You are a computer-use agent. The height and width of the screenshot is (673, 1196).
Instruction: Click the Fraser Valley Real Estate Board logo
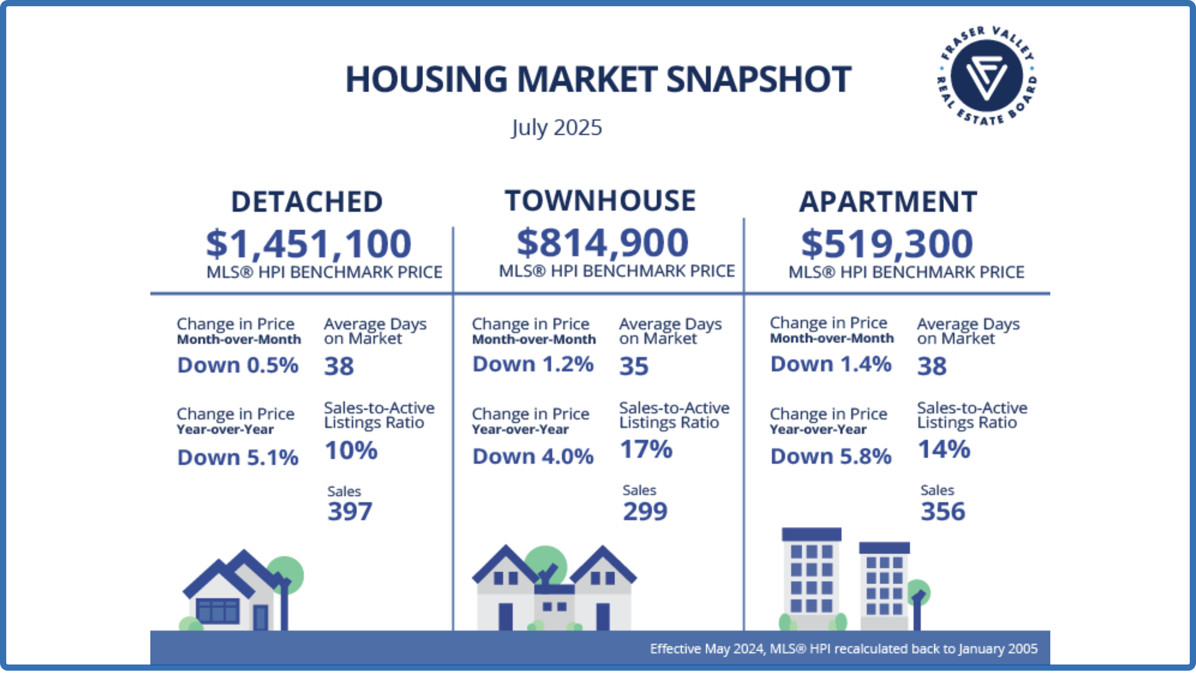[x=987, y=76]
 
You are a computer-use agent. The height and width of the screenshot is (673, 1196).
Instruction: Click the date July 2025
[x=556, y=128]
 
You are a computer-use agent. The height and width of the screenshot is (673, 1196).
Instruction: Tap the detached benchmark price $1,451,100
[x=308, y=244]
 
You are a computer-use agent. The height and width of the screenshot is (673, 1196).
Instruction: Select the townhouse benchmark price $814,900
[x=602, y=242]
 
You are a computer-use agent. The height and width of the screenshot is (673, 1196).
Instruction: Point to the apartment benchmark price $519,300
[x=886, y=244]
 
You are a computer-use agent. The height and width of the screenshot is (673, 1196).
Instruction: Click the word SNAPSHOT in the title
[x=758, y=80]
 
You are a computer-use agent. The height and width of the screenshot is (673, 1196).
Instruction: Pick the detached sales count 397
[x=349, y=512]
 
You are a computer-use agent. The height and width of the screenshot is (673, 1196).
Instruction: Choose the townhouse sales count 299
[x=645, y=512]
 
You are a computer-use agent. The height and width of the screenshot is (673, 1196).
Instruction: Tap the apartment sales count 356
[x=942, y=512]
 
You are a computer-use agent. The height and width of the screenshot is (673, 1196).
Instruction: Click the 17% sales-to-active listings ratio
[x=646, y=449]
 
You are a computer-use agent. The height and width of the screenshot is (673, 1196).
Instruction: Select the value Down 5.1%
[x=237, y=457]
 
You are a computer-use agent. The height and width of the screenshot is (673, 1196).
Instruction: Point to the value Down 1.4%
[x=830, y=364]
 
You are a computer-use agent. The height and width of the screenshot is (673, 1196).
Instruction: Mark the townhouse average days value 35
[x=634, y=366]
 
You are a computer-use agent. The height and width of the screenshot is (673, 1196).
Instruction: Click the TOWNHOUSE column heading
[x=600, y=201]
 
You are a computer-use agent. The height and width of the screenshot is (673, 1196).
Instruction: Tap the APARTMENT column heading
[x=888, y=202]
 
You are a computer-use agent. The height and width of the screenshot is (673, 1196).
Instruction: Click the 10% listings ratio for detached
[x=351, y=451]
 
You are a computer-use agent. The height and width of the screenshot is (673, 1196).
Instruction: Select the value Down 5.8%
[x=830, y=457]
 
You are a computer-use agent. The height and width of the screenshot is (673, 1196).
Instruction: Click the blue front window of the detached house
[x=217, y=611]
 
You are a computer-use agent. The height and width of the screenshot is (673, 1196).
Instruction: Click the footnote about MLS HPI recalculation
[x=843, y=649]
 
